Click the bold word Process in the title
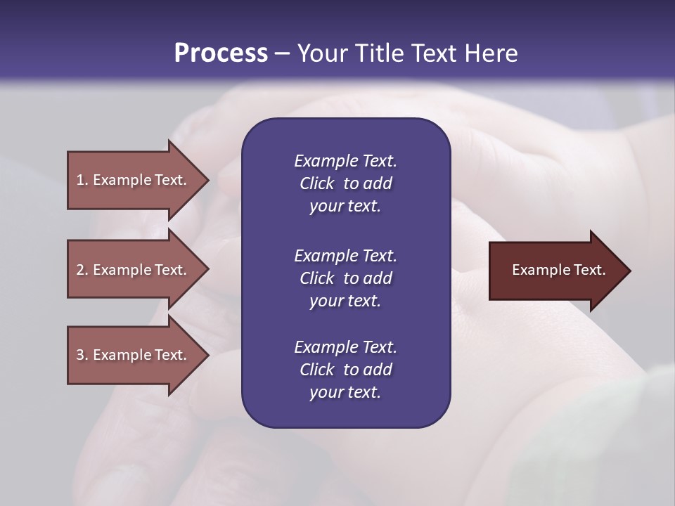click(221, 53)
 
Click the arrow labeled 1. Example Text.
click(134, 180)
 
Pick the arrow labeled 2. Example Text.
click(134, 270)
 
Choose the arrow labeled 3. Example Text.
click(134, 355)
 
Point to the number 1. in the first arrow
click(82, 180)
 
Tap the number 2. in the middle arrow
click(82, 270)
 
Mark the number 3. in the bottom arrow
click(82, 355)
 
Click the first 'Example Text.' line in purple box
click(345, 161)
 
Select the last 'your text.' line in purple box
click(345, 392)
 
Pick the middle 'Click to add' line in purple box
click(345, 278)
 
